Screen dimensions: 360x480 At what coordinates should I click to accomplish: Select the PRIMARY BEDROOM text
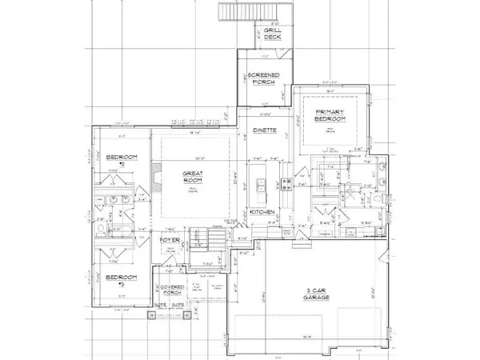(x=329, y=114)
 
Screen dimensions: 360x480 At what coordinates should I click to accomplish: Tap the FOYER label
(x=169, y=238)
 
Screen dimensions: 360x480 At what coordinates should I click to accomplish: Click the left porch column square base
(x=149, y=315)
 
